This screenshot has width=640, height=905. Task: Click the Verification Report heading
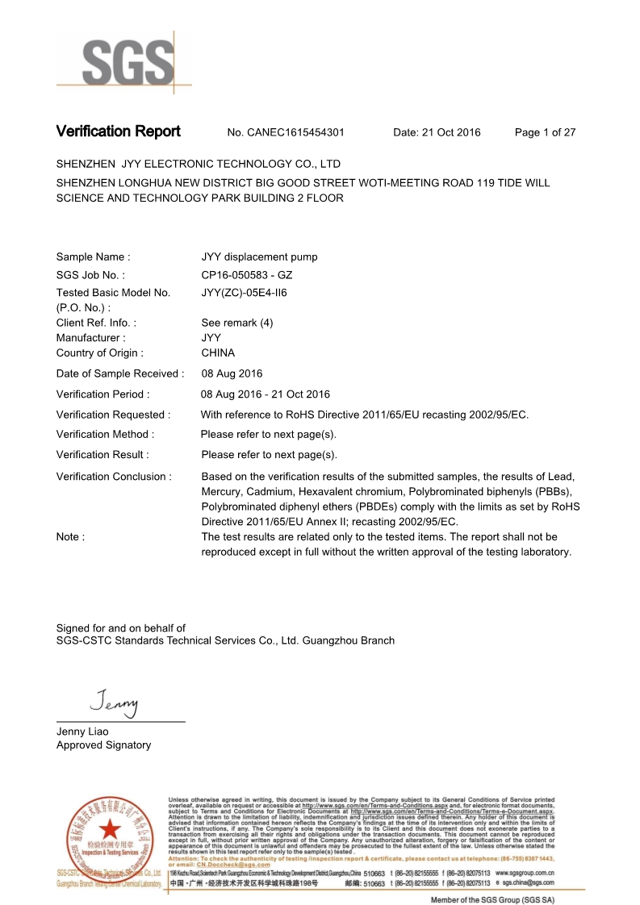pyautogui.click(x=118, y=131)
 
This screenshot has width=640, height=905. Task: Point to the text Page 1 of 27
pyautogui.click(x=545, y=132)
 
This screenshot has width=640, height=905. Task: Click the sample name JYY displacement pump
pyautogui.click(x=259, y=257)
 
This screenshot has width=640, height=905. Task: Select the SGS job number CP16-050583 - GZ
pyautogui.click(x=246, y=275)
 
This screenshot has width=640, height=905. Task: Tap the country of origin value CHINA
pyautogui.click(x=218, y=352)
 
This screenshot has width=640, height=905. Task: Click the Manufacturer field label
pyautogui.click(x=90, y=338)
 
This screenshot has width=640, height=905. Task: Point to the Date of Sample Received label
pyautogui.click(x=120, y=373)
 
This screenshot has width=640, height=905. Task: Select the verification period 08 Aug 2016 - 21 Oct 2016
pyautogui.click(x=266, y=394)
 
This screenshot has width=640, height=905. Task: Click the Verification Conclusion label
pyautogui.click(x=114, y=477)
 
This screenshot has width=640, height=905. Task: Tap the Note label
pyautogui.click(x=70, y=536)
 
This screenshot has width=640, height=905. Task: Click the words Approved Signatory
pyautogui.click(x=103, y=745)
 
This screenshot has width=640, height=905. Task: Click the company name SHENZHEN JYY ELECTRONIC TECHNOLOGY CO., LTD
pyautogui.click(x=199, y=164)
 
